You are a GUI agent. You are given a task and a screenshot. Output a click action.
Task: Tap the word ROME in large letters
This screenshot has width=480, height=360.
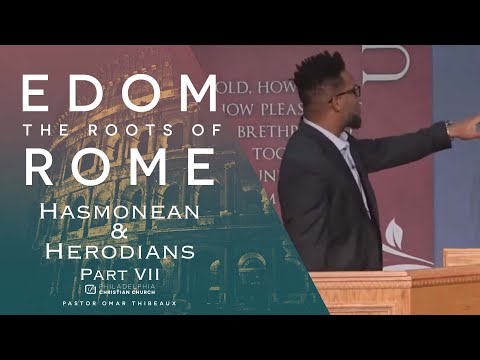pyautogui.click(x=119, y=166)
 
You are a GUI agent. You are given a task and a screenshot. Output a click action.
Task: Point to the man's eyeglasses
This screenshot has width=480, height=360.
pyautogui.click(x=347, y=93)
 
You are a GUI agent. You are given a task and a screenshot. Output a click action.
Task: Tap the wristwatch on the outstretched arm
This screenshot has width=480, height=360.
pyautogui.click(x=449, y=127)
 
